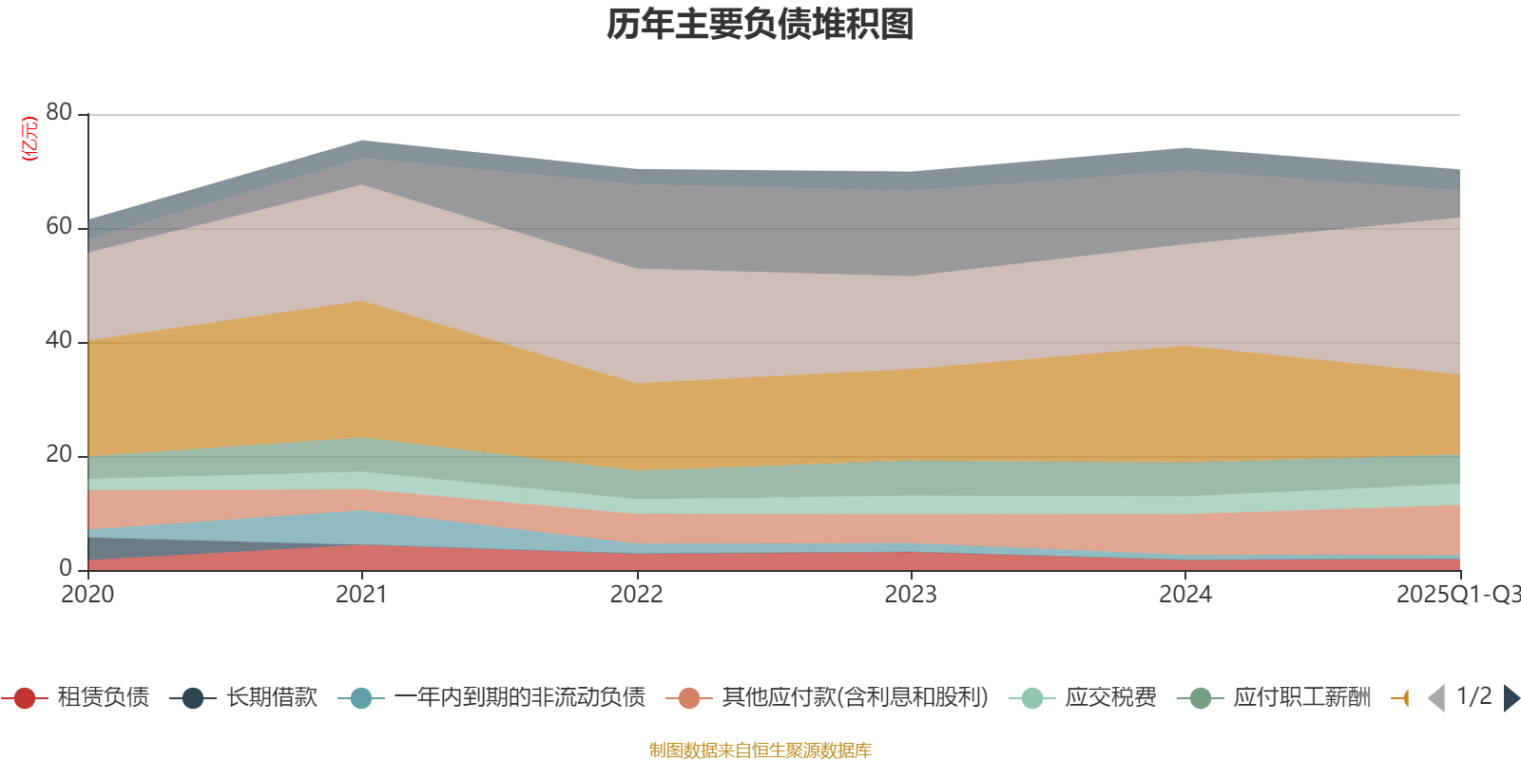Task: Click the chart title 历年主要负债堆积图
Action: (x=760, y=25)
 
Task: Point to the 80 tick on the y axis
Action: (x=59, y=112)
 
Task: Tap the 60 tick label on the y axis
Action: (x=59, y=226)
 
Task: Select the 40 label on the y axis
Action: (x=59, y=340)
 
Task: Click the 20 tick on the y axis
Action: (x=59, y=454)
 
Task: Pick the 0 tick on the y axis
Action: (x=66, y=568)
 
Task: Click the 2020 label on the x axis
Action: (x=87, y=595)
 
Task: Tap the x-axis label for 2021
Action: (x=361, y=595)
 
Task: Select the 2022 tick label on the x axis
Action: (x=636, y=595)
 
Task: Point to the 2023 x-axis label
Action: (x=911, y=595)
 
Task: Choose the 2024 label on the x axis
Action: (x=1184, y=595)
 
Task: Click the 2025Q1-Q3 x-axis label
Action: (x=1457, y=595)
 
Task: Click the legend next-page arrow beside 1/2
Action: (x=1511, y=698)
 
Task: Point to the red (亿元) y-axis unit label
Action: (x=29, y=139)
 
